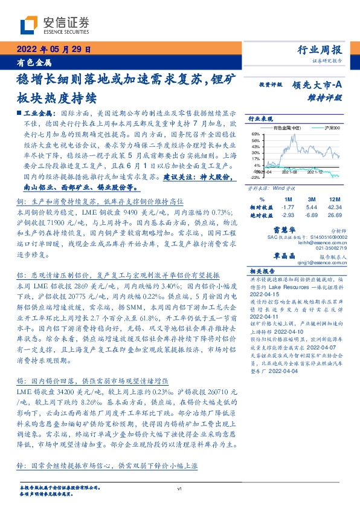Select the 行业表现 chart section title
262,119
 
